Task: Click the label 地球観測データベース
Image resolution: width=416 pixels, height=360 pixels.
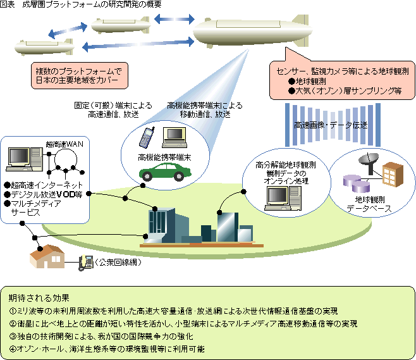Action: tap(369, 204)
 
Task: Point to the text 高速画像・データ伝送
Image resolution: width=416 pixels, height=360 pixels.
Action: tap(331, 125)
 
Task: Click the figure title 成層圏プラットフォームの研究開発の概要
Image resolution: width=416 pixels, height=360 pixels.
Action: tap(90, 4)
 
